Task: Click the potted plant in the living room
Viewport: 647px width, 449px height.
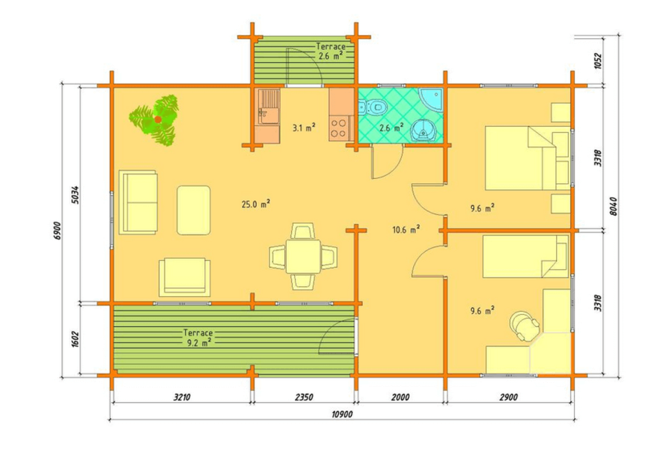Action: pos(154,120)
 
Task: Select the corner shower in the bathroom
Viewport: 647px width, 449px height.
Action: pos(431,99)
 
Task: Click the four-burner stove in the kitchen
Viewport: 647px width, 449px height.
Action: pos(339,128)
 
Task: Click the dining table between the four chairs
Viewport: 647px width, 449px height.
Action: pos(303,256)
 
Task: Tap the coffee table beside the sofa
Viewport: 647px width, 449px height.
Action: pos(193,210)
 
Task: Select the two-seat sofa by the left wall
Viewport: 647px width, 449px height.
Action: pos(138,202)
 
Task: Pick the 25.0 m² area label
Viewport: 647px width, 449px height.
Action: pos(256,204)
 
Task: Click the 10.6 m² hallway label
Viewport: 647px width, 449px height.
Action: pos(406,229)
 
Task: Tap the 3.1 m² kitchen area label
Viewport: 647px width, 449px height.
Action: pos(303,128)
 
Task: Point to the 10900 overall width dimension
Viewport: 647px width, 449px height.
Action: pos(342,414)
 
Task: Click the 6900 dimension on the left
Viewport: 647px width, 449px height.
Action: pos(56,231)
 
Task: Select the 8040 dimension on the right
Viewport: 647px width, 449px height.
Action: pos(613,206)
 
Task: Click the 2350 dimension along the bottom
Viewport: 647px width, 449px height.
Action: pos(303,397)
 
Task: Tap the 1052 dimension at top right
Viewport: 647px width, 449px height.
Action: pos(598,61)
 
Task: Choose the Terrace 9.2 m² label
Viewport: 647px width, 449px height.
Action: pos(198,337)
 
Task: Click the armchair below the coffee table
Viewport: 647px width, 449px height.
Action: pos(184,277)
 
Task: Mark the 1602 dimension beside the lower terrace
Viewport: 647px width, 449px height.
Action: pos(75,339)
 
